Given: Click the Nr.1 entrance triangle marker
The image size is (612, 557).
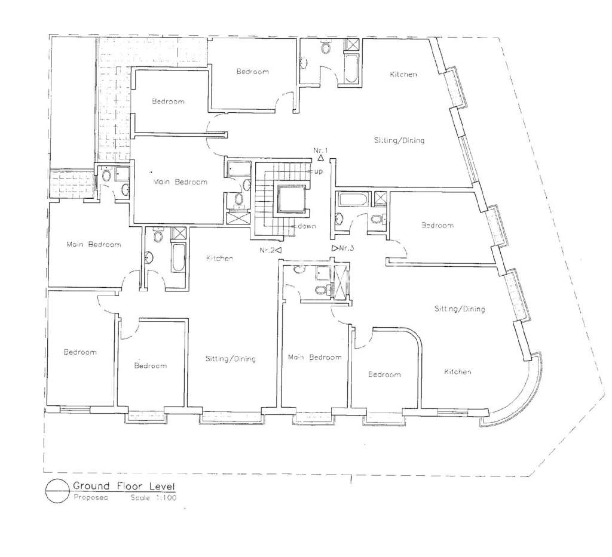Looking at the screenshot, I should point(320,158).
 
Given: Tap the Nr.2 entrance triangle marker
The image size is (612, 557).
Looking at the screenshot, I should point(278,250).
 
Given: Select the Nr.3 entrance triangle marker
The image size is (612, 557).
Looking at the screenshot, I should point(334,247).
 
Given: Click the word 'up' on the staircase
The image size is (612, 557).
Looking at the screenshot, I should point(318,171).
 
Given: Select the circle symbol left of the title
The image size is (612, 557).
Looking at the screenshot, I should point(56,491).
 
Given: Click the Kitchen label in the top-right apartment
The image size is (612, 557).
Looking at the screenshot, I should point(403,75).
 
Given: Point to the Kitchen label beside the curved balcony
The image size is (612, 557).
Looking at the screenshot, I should point(457,372).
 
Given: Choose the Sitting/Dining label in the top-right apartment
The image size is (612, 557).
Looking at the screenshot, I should point(399,141).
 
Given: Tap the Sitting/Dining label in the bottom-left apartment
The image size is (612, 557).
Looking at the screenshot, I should point(230,359).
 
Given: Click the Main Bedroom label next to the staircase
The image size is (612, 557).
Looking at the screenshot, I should point(180,182).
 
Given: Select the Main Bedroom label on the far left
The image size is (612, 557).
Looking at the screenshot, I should point(94,244).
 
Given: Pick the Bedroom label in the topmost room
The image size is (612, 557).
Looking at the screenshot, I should point(252,72).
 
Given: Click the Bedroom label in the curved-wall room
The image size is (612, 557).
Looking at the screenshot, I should point(384,374).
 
